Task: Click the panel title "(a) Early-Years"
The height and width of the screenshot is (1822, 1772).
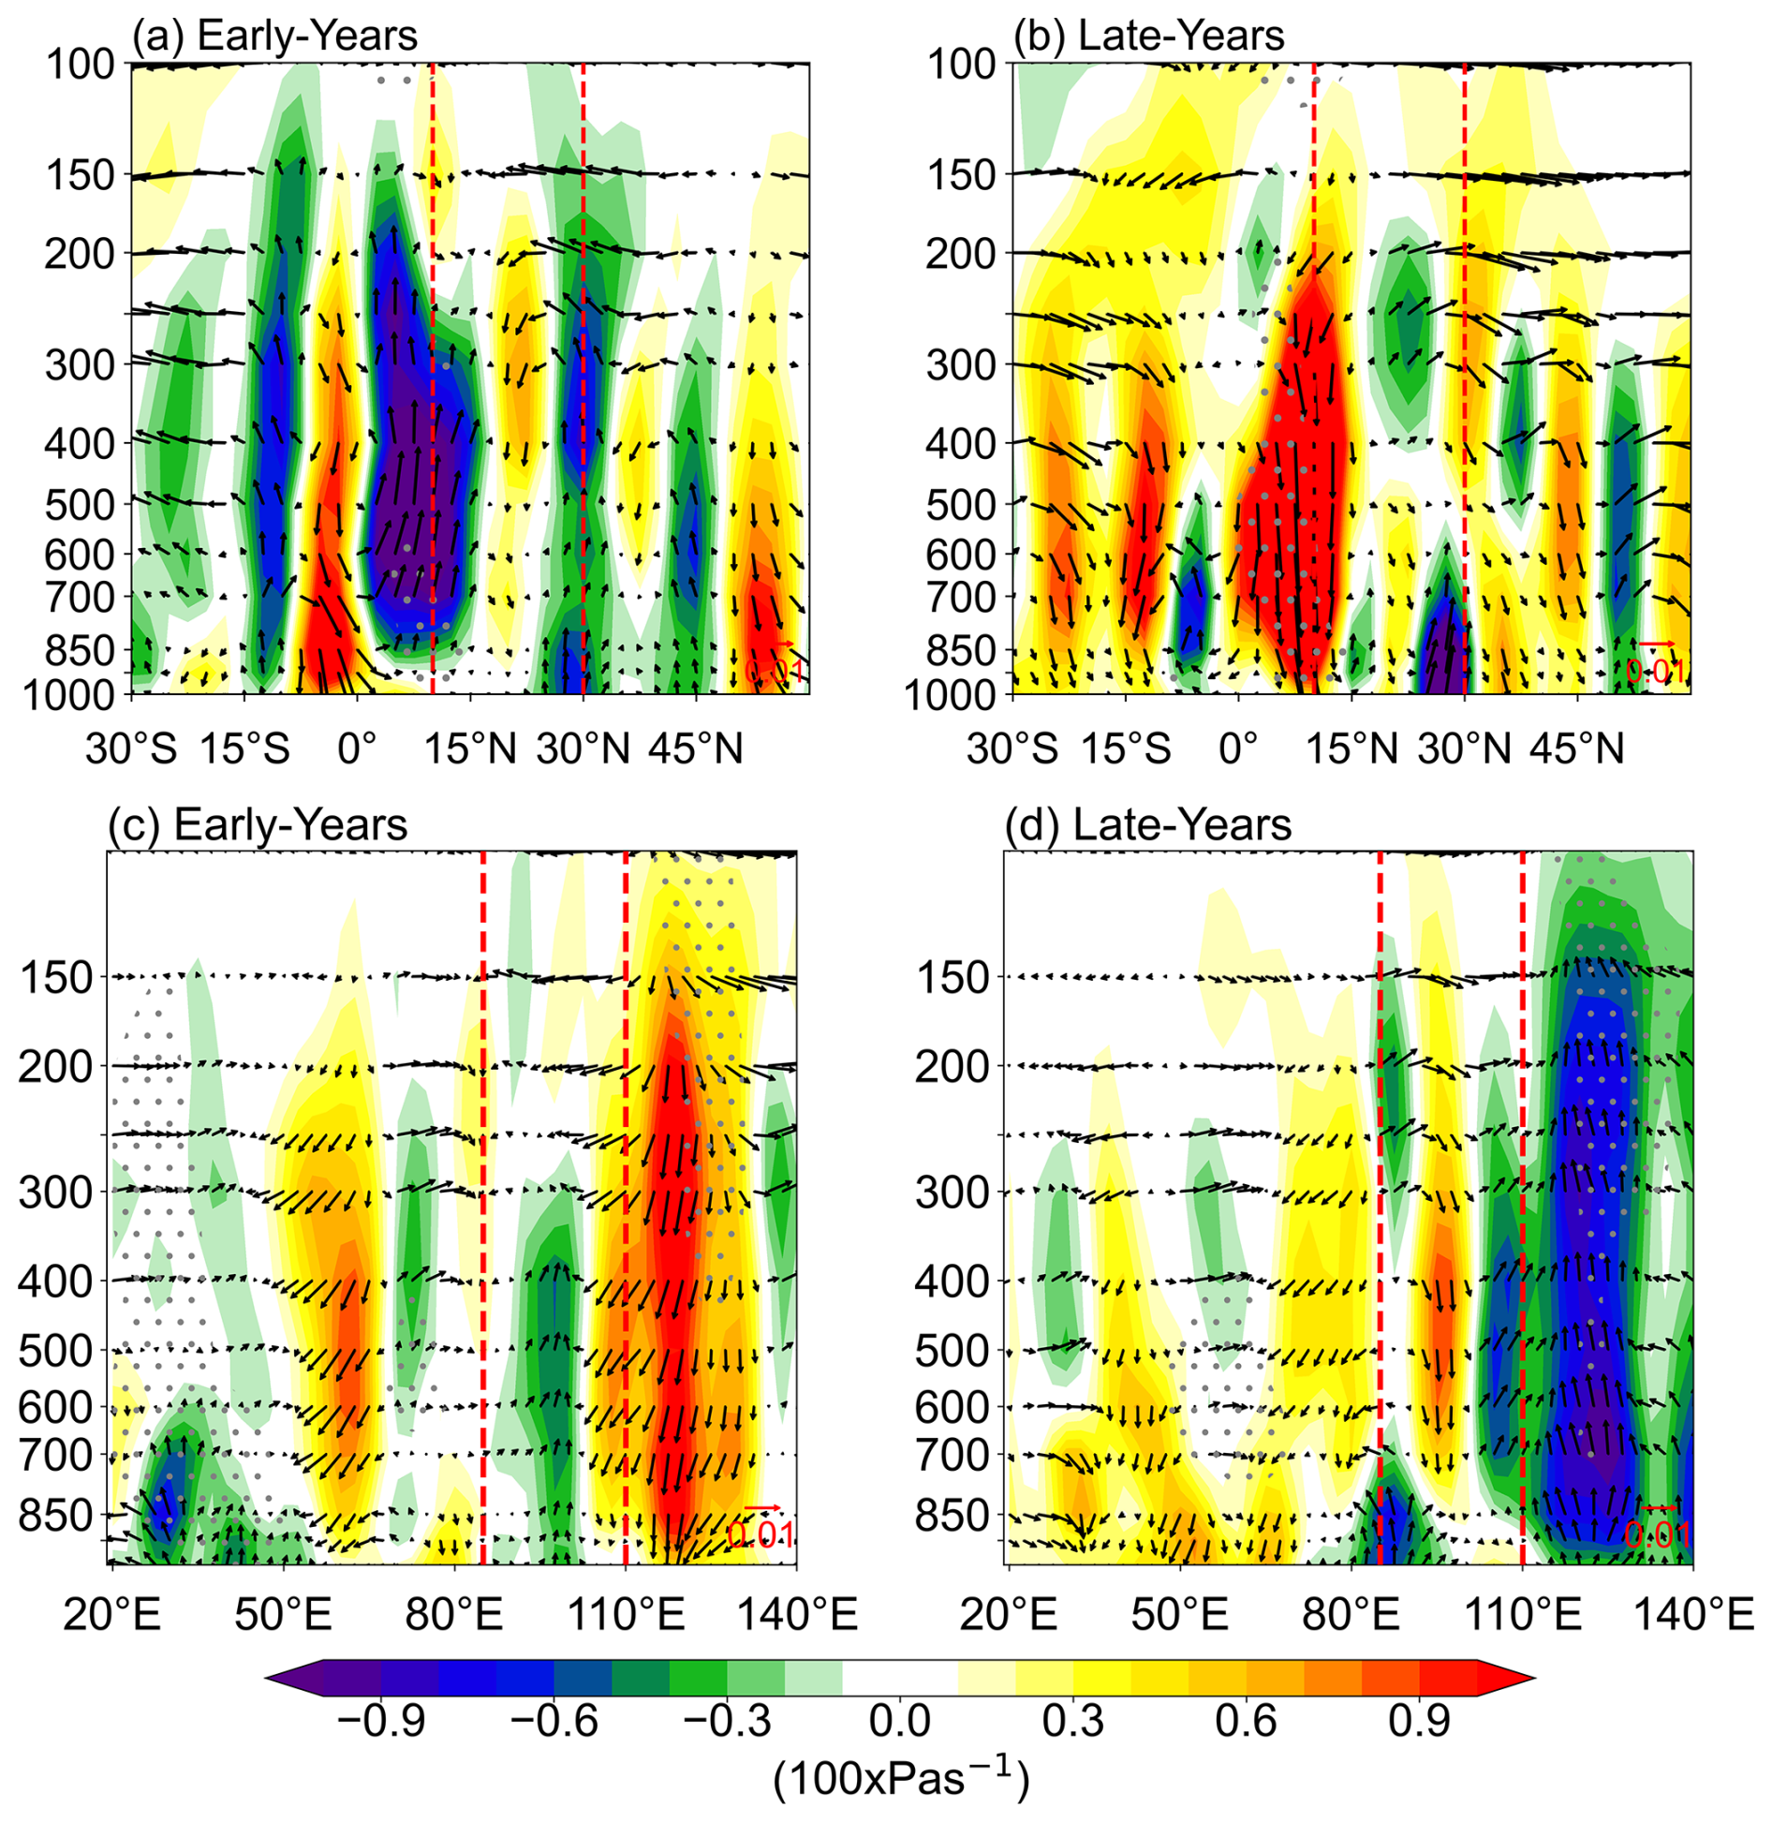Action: [273, 36]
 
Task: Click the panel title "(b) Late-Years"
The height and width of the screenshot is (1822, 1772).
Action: [1149, 36]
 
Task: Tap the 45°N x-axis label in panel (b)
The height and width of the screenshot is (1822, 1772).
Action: [1577, 749]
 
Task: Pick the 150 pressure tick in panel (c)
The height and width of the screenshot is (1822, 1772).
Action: [57, 978]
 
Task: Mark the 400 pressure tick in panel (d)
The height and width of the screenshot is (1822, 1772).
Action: [952, 1281]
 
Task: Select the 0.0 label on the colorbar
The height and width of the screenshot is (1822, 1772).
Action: [899, 1722]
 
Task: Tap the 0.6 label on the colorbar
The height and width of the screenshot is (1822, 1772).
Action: [1247, 1722]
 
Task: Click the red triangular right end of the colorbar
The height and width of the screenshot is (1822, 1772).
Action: [1506, 1678]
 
